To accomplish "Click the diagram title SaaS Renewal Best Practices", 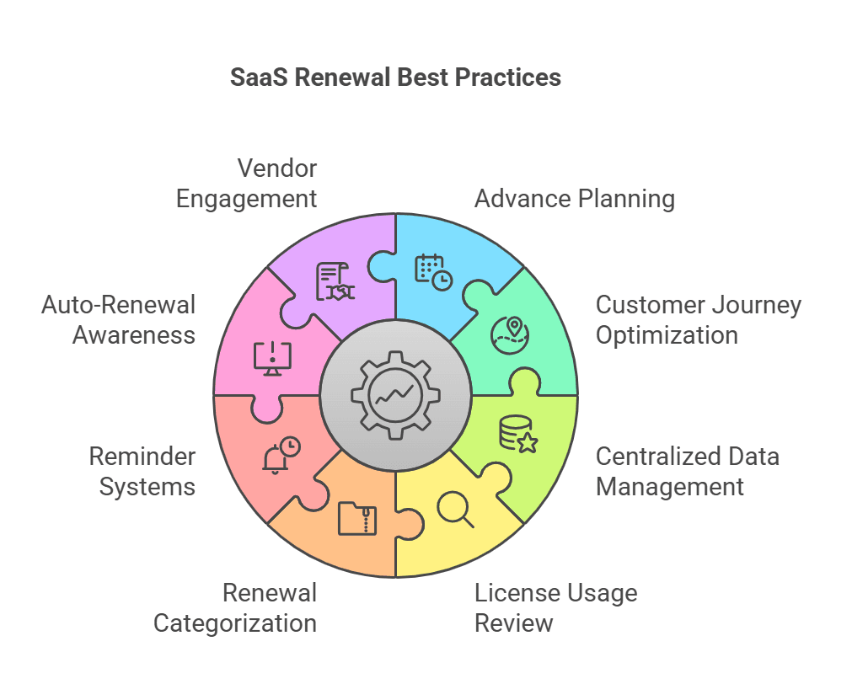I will [x=395, y=77].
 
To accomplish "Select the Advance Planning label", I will [x=574, y=199].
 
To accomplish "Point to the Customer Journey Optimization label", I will [x=698, y=319].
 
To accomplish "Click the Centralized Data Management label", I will [x=687, y=472].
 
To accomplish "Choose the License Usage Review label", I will [x=555, y=607].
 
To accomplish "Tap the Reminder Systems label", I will [x=142, y=472].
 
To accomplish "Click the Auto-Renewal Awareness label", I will [x=119, y=319].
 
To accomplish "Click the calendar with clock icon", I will [x=433, y=272].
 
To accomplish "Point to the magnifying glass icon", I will [x=456, y=510].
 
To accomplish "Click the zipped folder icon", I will [x=357, y=518].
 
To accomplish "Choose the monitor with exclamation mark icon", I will [x=272, y=358].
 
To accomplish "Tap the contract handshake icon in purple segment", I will [x=335, y=281].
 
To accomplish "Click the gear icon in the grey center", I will [x=395, y=395].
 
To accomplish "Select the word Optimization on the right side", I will [x=667, y=334].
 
